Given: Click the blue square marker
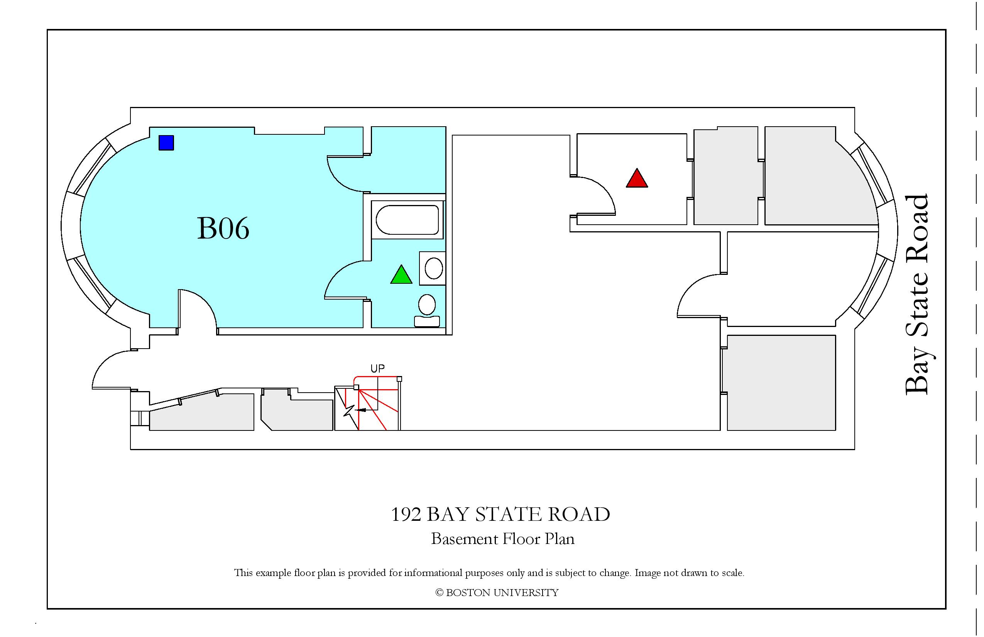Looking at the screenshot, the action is tap(166, 143).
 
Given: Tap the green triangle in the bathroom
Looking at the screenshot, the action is tap(401, 274).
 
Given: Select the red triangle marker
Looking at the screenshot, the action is tap(637, 178).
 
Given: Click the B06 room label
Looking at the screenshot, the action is tap(223, 228).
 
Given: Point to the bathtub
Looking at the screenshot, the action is tap(407, 220).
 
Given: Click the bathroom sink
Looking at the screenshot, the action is tap(433, 268).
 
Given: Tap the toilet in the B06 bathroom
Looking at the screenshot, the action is tap(427, 311).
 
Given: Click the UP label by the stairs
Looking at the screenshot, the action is tap(377, 369).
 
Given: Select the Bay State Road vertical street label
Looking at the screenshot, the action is tap(917, 295).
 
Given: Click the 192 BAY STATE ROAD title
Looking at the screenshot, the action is tap(500, 514).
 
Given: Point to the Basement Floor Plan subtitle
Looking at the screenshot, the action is tap(503, 539).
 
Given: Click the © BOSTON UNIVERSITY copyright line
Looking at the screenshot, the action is tap(497, 593).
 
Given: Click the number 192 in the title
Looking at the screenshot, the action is tap(406, 515).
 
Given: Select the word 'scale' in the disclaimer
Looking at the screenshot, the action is tap(733, 573).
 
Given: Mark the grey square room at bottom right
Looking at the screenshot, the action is tap(781, 383).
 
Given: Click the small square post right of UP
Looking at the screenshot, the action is tap(399, 379).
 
